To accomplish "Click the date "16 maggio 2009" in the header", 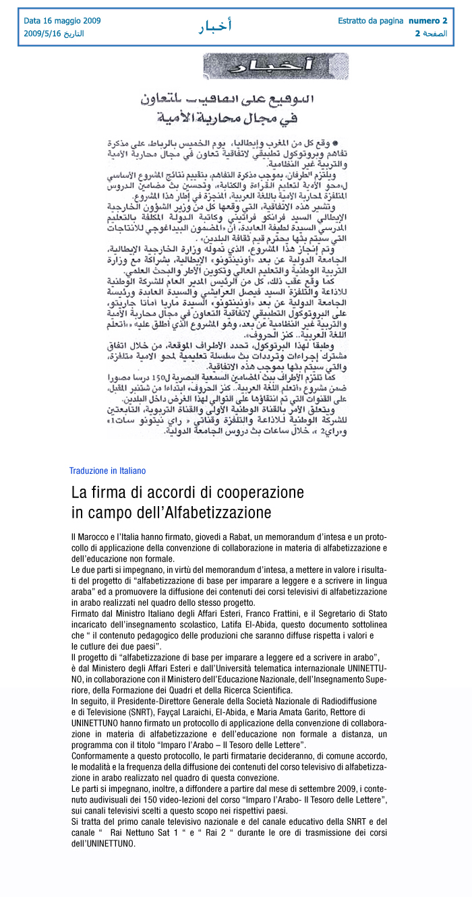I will (x=71, y=21).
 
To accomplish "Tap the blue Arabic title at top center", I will (x=215, y=26).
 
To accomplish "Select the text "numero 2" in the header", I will (x=427, y=21).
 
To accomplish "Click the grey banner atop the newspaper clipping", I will (x=276, y=67).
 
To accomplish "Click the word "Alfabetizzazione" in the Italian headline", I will (x=214, y=512).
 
